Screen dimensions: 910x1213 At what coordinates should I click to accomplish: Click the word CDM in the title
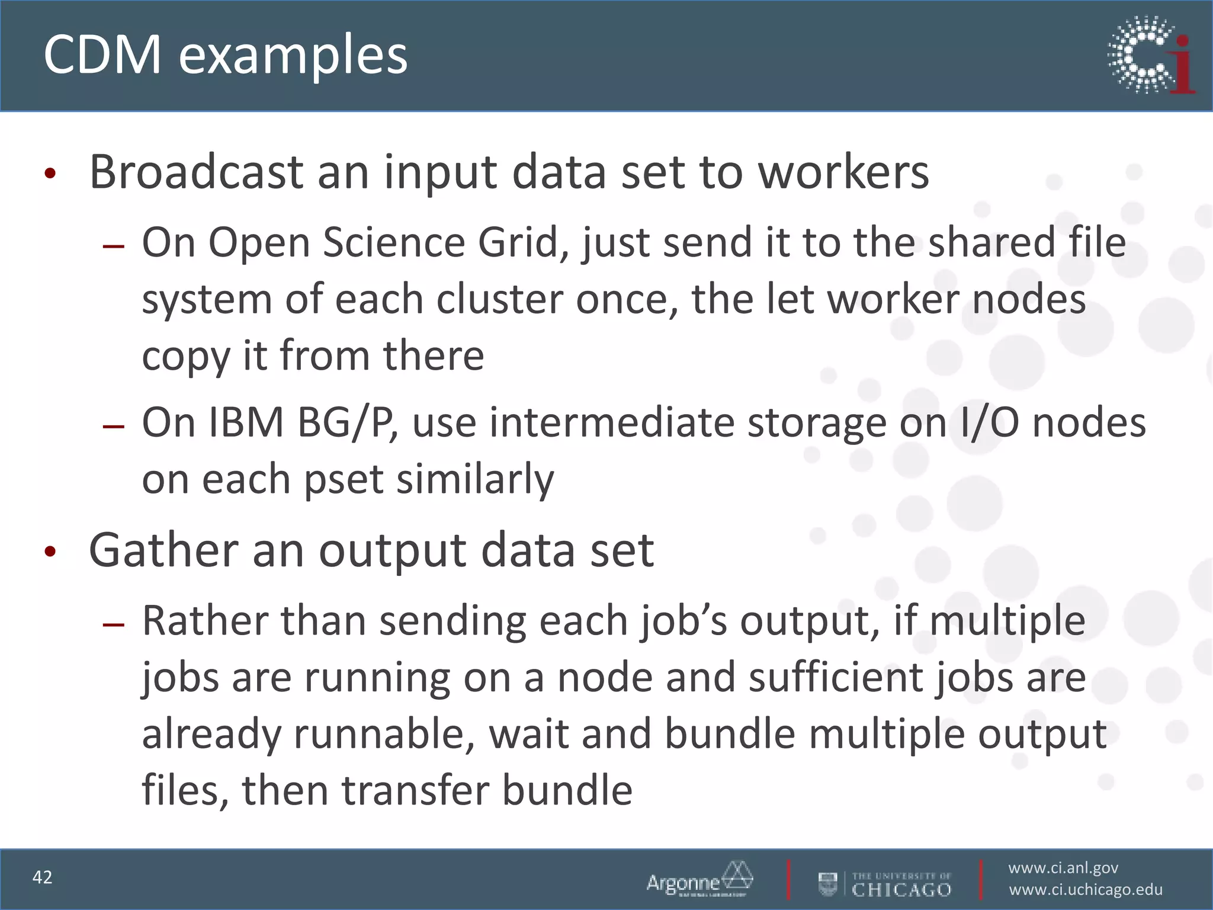click(102, 55)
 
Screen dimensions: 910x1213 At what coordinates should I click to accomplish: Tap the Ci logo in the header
click(1151, 55)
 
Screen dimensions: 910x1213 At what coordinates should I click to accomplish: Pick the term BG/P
click(348, 423)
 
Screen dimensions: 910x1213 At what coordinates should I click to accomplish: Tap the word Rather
click(205, 620)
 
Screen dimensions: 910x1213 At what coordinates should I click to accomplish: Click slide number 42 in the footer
click(43, 877)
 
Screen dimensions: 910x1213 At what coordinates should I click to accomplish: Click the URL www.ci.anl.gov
click(1063, 868)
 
